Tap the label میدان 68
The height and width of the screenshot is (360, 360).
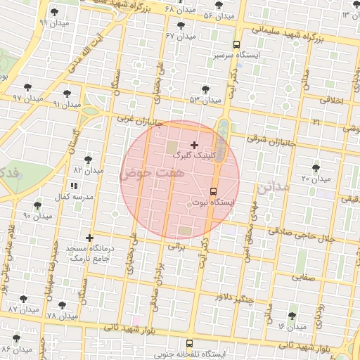pyautogui.click(x=179, y=9)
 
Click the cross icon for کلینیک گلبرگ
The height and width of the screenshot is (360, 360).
pyautogui.click(x=194, y=144)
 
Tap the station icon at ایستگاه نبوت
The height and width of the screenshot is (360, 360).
pyautogui.click(x=214, y=191)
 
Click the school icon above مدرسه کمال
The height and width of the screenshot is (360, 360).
pyautogui.click(x=74, y=186)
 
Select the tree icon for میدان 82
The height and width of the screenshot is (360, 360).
pyautogui.click(x=88, y=160)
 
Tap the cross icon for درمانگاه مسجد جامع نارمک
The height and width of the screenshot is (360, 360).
pyautogui.click(x=89, y=238)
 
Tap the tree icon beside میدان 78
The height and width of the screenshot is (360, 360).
pyautogui.click(x=63, y=306)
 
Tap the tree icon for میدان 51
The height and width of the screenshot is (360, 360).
pyautogui.click(x=205, y=89)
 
